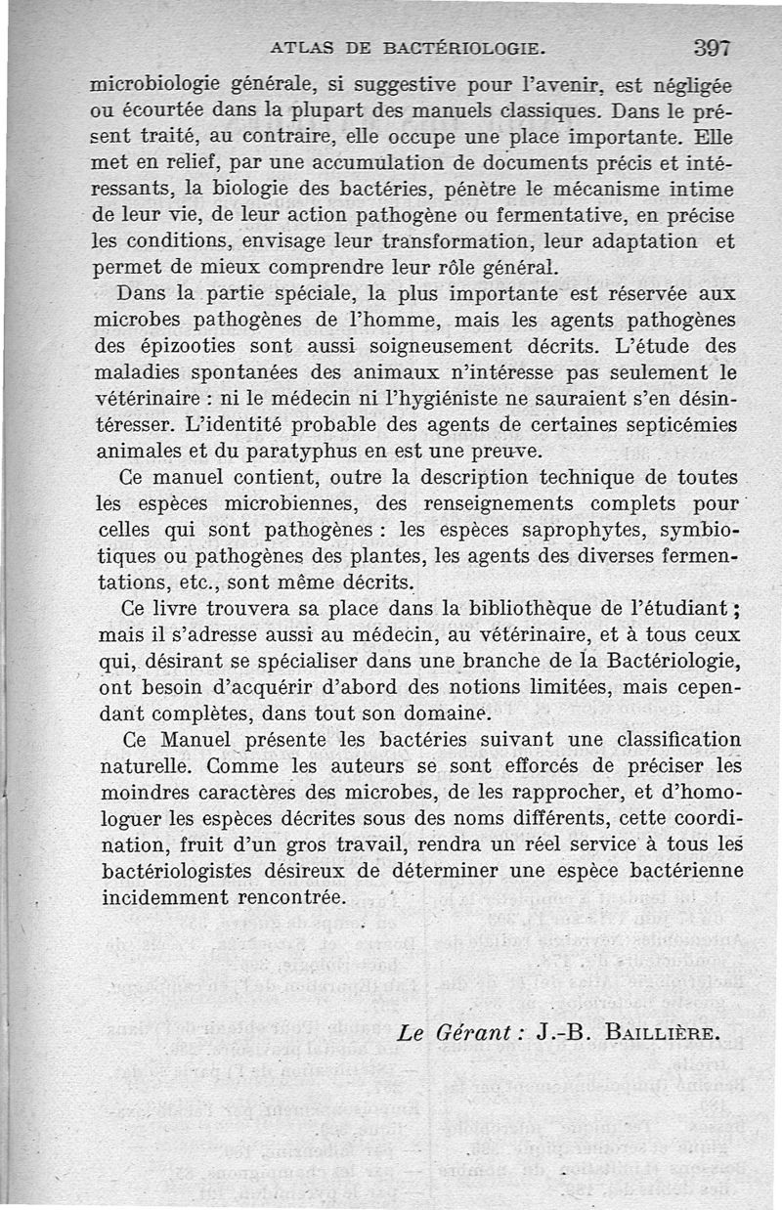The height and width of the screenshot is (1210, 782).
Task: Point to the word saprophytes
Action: point(577,531)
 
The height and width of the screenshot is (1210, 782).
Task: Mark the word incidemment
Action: point(161,896)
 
